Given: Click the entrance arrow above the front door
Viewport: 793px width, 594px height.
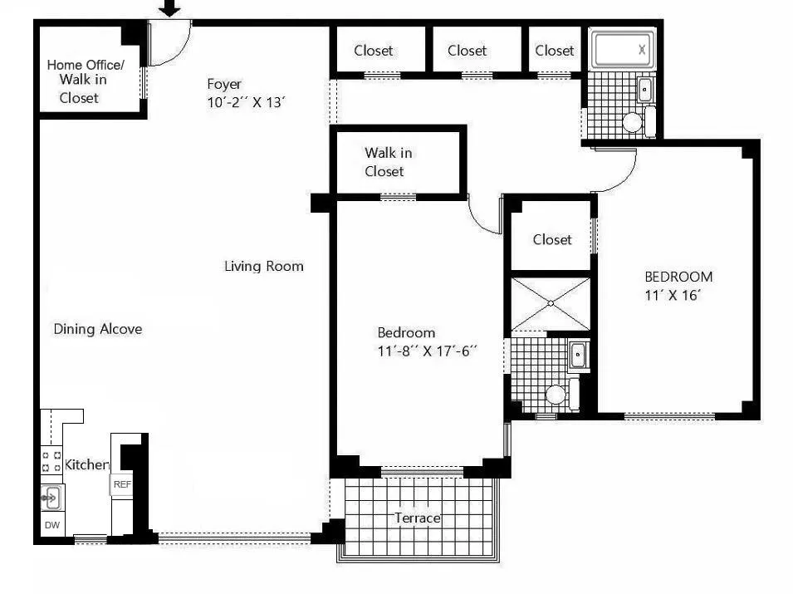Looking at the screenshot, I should (x=169, y=8).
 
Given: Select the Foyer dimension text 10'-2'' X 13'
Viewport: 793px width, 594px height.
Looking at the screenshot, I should (x=247, y=102).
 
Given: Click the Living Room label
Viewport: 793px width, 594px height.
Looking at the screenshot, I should (x=264, y=266).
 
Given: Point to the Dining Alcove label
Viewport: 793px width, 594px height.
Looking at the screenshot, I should (x=98, y=329).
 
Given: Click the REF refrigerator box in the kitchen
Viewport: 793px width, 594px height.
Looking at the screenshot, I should (x=122, y=484).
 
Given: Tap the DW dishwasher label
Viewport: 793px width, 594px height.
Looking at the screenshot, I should (x=51, y=525).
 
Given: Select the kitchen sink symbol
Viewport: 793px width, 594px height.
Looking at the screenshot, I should (x=51, y=498).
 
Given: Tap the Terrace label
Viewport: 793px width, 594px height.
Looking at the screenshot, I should (x=417, y=518).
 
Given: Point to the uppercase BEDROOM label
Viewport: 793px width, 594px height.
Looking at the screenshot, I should (x=678, y=277).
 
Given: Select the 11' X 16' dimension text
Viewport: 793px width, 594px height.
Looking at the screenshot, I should (x=673, y=295).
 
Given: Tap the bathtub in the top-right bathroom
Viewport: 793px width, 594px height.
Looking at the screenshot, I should (x=623, y=49).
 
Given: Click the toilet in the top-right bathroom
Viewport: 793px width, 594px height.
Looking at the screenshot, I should (x=634, y=123).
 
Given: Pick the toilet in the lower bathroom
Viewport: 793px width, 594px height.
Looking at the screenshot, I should (x=556, y=394).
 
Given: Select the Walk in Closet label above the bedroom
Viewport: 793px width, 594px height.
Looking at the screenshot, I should (x=389, y=162).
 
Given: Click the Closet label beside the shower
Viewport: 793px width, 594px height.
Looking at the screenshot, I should (x=552, y=239).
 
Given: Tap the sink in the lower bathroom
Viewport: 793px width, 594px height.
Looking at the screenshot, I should (x=579, y=355).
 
